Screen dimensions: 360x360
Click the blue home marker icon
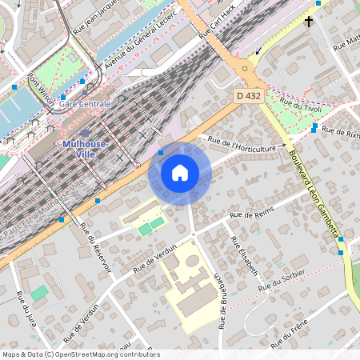click(x=180, y=172)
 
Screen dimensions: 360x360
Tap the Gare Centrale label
click(x=84, y=104)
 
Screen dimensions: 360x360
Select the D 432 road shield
click(x=249, y=96)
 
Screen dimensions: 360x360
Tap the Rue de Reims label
click(x=251, y=214)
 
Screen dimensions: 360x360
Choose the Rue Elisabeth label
click(x=245, y=257)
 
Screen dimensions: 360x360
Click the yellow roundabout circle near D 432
click(x=245, y=69)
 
